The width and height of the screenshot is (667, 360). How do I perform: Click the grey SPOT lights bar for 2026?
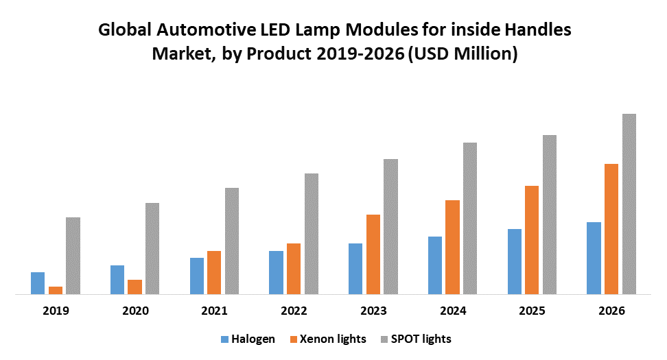click(629, 204)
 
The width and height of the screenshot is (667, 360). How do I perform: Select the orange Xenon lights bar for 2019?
click(56, 291)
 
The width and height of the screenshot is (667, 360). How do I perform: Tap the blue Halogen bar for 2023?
click(355, 269)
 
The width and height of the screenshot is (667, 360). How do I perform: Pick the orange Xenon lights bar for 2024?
click(452, 248)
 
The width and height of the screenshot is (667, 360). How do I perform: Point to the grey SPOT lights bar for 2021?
click(232, 241)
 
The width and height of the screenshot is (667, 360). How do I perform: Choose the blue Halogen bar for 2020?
click(117, 280)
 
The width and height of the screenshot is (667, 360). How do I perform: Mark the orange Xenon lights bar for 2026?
click(611, 229)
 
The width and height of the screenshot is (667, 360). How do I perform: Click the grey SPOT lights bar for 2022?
click(312, 234)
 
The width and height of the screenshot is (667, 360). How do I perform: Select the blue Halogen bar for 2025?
click(515, 262)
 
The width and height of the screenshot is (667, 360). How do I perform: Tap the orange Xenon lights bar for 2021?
click(214, 273)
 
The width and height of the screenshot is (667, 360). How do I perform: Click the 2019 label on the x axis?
click(56, 311)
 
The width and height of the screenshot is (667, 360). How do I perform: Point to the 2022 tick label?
click(294, 311)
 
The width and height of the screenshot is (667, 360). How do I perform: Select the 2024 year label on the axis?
click(452, 311)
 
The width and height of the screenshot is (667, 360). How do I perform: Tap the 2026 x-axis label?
click(611, 311)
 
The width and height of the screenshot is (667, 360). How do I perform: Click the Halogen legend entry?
click(248, 339)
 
